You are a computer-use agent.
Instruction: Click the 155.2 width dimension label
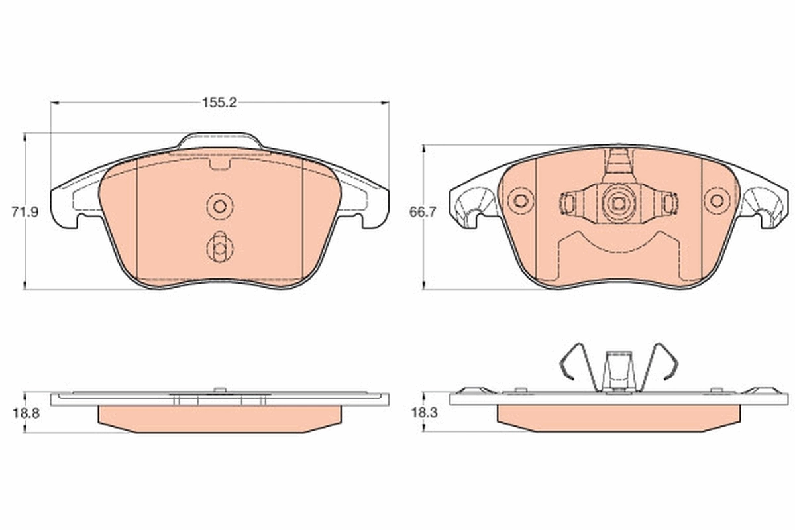(x=219, y=102)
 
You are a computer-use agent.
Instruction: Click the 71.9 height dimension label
(x=26, y=213)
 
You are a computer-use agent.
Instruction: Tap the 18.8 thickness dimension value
(x=26, y=411)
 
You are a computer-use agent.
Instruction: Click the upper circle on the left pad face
(x=219, y=205)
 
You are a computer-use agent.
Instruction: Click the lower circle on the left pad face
(x=219, y=248)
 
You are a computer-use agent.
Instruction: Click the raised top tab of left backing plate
(x=219, y=140)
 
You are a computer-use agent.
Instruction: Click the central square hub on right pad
(x=617, y=203)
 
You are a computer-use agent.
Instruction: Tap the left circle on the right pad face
(x=521, y=200)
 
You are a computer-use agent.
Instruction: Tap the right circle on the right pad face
(x=715, y=200)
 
